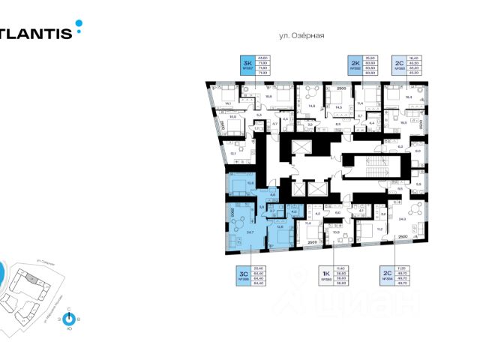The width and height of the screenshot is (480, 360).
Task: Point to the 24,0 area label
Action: [403, 219]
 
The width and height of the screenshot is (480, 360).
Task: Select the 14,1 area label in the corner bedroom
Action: [228, 104]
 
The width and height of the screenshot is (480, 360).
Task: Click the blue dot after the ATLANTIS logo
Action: [79, 31]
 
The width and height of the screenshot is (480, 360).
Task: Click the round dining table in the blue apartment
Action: [241, 219]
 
